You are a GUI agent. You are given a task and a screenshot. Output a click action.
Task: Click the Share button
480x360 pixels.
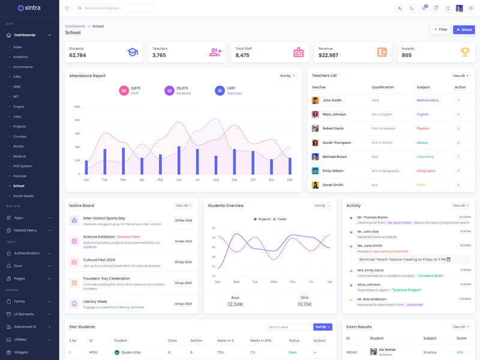(x=464, y=29)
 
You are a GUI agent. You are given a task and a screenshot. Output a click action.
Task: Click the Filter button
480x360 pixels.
(x=440, y=29)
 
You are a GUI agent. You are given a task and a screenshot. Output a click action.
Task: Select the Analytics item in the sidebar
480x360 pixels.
(x=20, y=57)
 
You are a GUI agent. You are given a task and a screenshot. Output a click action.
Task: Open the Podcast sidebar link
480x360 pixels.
(x=20, y=176)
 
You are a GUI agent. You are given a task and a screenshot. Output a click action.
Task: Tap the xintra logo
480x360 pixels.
(x=29, y=8)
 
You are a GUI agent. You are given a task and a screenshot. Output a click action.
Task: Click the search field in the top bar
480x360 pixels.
(x=117, y=8)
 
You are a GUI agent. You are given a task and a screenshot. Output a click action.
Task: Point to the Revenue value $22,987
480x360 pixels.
(x=328, y=55)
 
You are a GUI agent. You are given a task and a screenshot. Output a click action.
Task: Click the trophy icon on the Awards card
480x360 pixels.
(x=464, y=52)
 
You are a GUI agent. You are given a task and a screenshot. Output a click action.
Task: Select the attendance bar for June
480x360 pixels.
(x=179, y=160)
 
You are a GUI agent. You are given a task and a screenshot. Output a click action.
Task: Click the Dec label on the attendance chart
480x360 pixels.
(x=290, y=180)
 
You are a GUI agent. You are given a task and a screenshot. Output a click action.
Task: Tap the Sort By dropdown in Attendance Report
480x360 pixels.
(x=287, y=76)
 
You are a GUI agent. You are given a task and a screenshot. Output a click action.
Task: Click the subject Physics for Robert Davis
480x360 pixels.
(x=423, y=128)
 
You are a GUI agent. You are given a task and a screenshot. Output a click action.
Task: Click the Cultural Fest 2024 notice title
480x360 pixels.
(x=99, y=260)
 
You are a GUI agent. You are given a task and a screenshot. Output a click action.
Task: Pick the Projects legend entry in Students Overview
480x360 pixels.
(x=262, y=219)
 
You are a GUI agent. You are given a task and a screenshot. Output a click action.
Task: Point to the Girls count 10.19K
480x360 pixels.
(x=304, y=304)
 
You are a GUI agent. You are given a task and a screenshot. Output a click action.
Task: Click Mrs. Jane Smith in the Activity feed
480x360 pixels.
(x=370, y=245)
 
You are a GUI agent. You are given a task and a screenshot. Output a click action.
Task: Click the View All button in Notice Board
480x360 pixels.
(x=183, y=206)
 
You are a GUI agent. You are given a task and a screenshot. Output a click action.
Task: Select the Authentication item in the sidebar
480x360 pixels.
(x=26, y=253)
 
